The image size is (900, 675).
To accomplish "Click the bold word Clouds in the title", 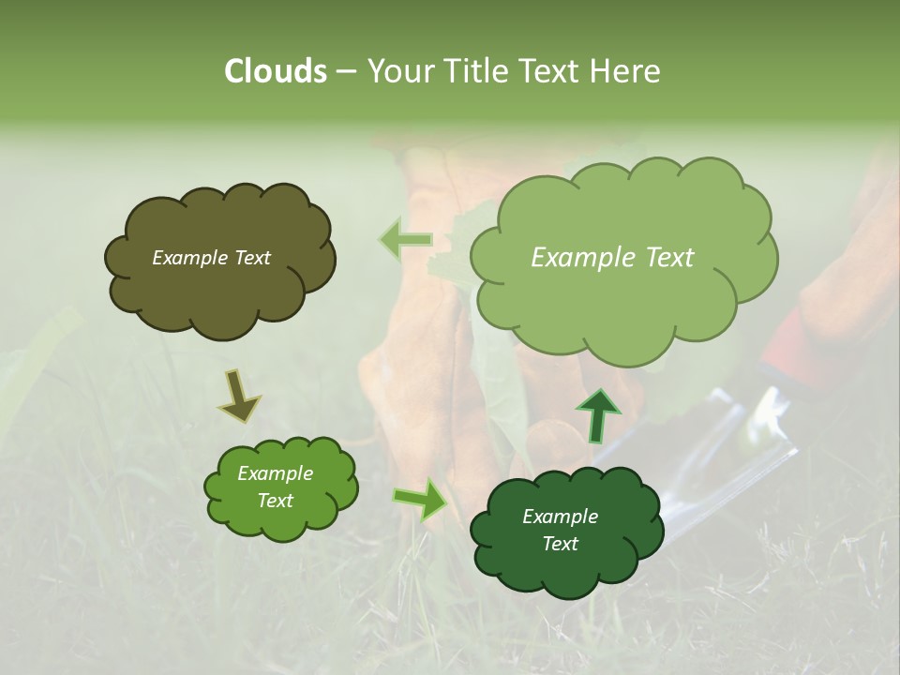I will point(276,71).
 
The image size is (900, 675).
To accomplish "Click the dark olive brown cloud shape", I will point(220,291).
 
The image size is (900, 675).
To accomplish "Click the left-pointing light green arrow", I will point(405,240).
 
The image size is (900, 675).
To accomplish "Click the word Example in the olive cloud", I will point(190,258).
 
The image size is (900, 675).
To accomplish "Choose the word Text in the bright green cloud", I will point(275,501).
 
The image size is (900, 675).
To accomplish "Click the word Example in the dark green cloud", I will point(560,517).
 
